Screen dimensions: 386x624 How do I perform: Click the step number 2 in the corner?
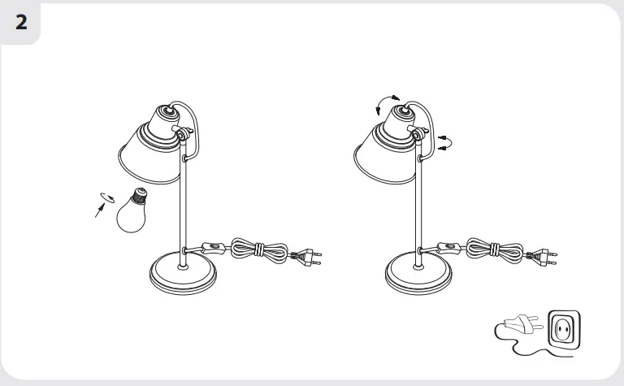[x=21, y=22]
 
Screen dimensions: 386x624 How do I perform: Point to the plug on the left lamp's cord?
[x=307, y=258]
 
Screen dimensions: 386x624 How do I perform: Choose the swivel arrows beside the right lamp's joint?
[x=443, y=143]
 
